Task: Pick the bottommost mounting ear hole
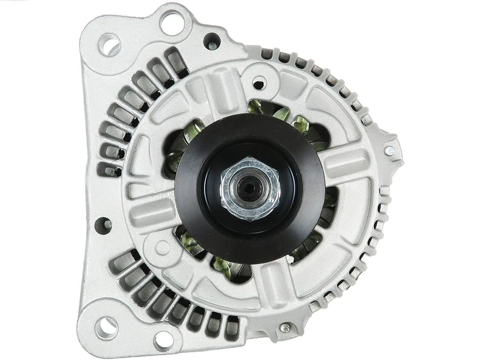coord(164,340)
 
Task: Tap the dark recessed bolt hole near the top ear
coord(212,41)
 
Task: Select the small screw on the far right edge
coord(390,150)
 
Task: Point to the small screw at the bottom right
coord(285,328)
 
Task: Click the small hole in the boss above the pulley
coord(259,82)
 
